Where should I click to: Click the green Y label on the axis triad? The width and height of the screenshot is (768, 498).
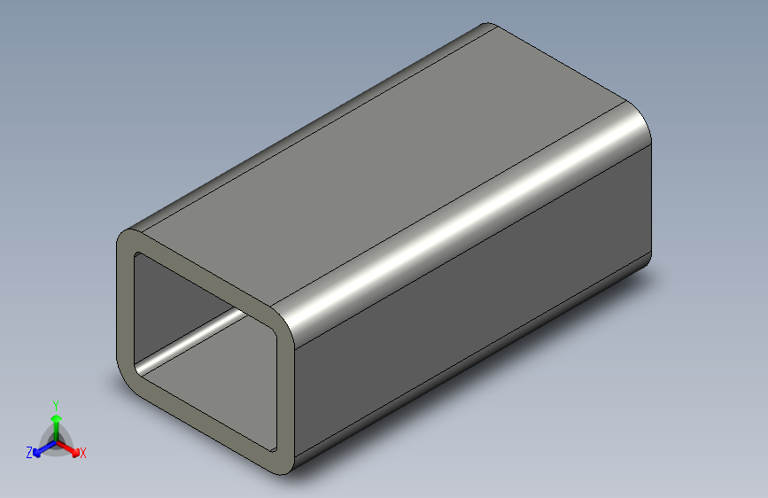tap(56, 402)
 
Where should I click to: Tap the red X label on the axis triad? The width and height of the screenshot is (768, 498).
tap(83, 454)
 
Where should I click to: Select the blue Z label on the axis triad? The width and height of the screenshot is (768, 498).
tap(29, 453)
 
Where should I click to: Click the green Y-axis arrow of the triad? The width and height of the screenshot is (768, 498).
tap(56, 422)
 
